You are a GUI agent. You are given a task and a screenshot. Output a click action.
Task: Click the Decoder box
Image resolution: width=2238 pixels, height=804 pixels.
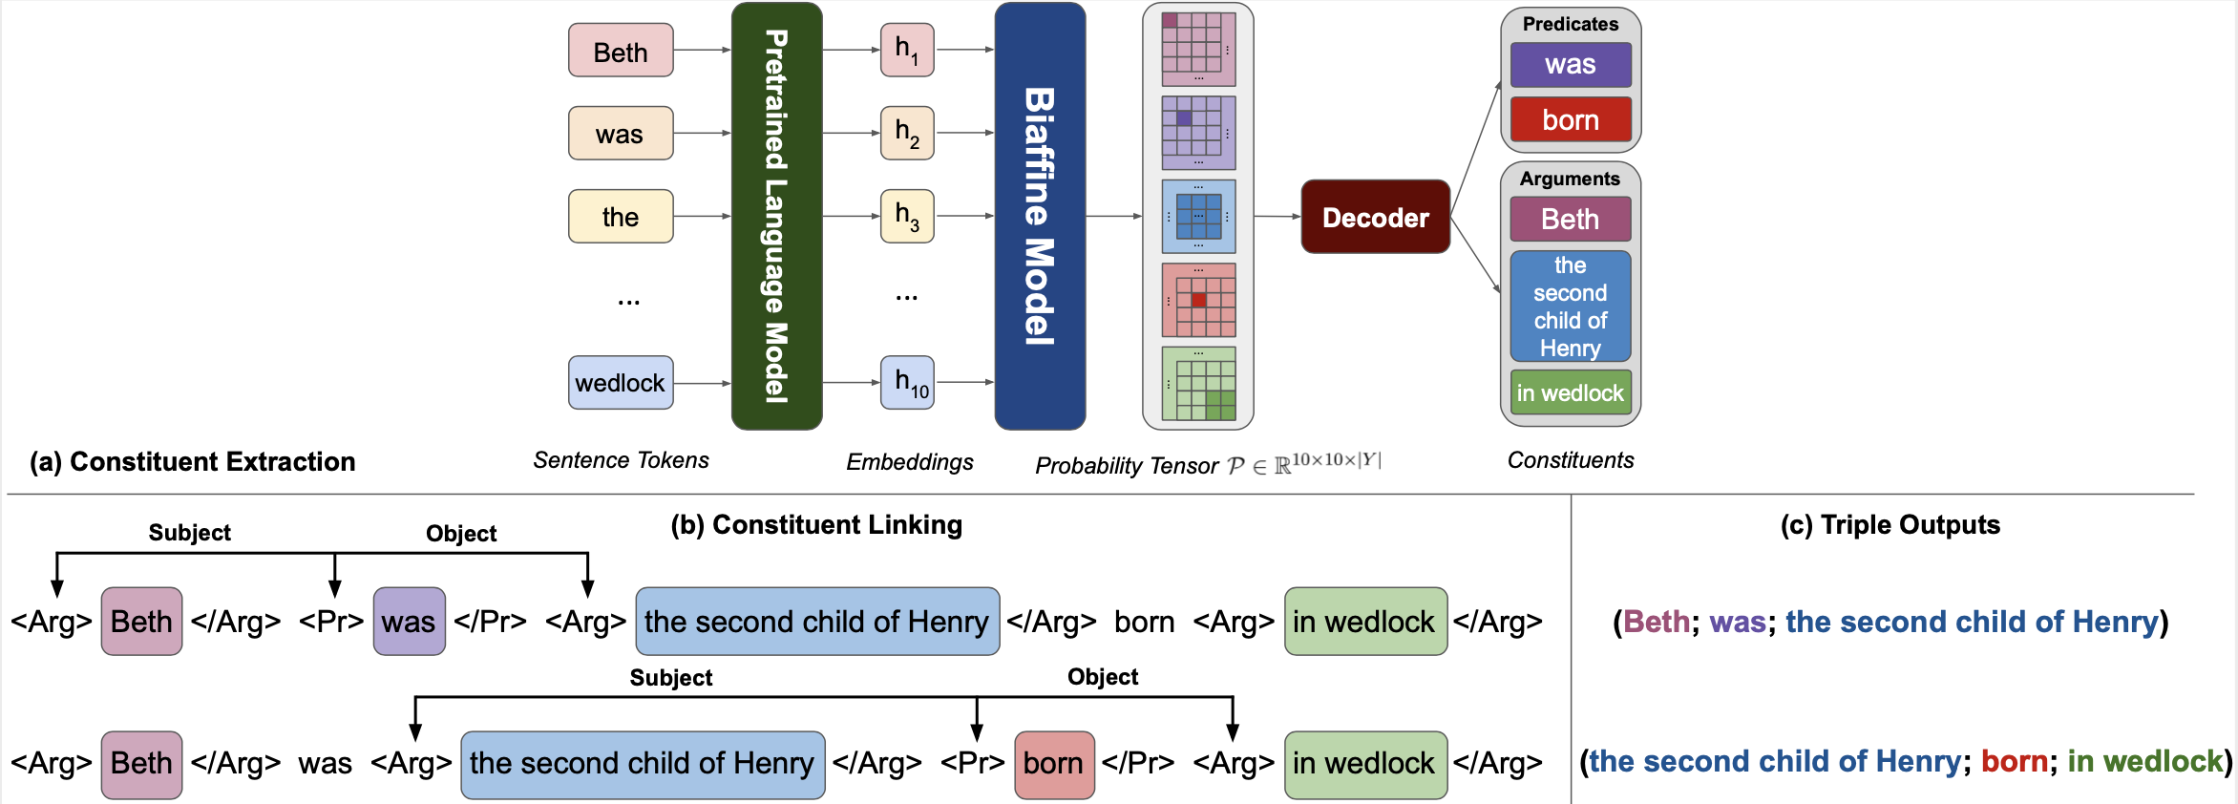tap(1375, 217)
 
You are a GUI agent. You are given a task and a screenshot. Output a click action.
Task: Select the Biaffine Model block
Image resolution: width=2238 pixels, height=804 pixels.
tap(1040, 216)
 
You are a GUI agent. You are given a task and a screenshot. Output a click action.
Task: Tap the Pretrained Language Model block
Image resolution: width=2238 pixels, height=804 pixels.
tap(776, 216)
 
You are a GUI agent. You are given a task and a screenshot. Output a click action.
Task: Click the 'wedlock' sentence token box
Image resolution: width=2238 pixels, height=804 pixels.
tap(621, 383)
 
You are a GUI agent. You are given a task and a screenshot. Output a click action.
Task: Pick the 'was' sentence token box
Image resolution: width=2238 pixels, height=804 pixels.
tap(621, 134)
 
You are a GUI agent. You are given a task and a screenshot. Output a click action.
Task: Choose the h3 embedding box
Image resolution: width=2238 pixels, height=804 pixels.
tap(907, 216)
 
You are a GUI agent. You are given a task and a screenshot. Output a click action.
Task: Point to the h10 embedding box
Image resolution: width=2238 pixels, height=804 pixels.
tap(907, 383)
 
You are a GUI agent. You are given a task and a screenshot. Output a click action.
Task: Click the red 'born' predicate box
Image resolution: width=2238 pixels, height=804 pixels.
tap(1571, 120)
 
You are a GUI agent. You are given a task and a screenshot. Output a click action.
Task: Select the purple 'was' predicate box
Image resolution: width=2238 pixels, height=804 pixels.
tap(1571, 65)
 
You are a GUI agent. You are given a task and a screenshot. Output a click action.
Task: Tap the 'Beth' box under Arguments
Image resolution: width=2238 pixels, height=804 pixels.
tap(1571, 220)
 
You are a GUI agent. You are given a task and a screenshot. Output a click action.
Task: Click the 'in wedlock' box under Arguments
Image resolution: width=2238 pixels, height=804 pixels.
tap(1571, 392)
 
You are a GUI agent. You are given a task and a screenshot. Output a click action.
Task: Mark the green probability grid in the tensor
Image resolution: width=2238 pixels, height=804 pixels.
tap(1199, 384)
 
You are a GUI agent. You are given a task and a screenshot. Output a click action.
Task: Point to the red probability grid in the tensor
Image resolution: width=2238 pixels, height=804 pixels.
tap(1199, 300)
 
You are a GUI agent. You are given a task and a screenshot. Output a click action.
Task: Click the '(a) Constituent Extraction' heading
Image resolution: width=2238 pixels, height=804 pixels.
tap(193, 462)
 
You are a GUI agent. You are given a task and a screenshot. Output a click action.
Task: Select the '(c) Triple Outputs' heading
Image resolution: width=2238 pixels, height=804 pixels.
tap(1890, 525)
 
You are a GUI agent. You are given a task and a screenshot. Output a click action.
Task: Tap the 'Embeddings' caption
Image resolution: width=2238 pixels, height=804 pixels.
tap(910, 462)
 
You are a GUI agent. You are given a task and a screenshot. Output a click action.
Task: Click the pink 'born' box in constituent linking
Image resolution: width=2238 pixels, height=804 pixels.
tap(1054, 764)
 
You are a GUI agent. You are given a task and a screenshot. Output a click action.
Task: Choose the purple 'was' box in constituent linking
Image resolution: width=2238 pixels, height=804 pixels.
tap(409, 622)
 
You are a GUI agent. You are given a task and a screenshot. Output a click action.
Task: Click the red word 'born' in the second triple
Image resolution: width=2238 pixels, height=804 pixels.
tap(2014, 762)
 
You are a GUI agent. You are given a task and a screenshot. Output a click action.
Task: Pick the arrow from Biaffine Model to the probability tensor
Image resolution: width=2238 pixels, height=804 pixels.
tap(1114, 216)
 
